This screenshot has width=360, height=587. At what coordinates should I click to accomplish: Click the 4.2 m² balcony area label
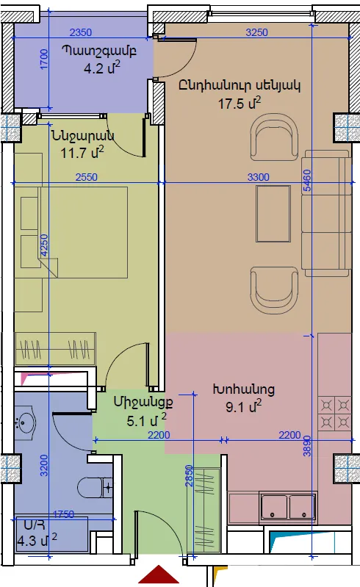click(x=102, y=68)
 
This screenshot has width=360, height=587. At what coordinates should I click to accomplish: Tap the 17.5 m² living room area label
click(x=240, y=103)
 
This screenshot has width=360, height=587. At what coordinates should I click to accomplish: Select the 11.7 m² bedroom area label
click(x=82, y=152)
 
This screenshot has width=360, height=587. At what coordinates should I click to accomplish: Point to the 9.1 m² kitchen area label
click(x=244, y=406)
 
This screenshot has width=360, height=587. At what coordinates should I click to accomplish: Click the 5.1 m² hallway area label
click(x=146, y=420)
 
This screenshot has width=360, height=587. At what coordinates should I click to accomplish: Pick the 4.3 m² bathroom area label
click(x=37, y=540)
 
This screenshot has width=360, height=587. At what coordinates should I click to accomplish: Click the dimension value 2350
click(x=81, y=32)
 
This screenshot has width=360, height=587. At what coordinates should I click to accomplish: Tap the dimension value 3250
click(x=256, y=32)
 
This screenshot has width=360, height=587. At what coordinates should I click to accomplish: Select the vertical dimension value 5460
click(x=307, y=181)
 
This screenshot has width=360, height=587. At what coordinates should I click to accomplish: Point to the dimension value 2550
click(x=87, y=177)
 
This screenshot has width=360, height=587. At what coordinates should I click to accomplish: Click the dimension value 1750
click(x=64, y=514)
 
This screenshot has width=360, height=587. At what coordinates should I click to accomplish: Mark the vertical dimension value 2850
click(x=189, y=476)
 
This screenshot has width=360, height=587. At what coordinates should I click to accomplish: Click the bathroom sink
click(x=25, y=423)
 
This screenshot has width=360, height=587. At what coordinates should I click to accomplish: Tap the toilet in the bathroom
click(x=95, y=487)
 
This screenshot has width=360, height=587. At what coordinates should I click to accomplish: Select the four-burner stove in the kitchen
click(x=334, y=414)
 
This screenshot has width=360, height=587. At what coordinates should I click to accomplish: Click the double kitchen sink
click(x=288, y=507)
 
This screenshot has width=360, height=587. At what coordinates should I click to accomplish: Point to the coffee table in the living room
click(x=273, y=214)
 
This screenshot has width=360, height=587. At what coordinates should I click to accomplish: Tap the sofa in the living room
click(x=326, y=213)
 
